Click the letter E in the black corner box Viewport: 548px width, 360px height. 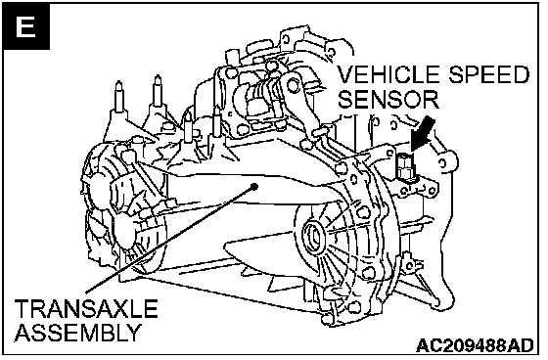[25, 26]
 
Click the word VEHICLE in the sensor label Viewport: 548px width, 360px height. [390, 74]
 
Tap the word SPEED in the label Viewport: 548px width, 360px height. [489, 74]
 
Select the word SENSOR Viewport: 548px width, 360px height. [389, 99]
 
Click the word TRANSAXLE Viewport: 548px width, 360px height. [86, 308]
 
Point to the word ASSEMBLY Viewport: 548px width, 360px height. [78, 332]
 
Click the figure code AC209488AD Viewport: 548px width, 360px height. [476, 345]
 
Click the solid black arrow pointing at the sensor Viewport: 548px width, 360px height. [423, 135]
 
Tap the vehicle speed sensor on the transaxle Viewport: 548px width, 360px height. [405, 167]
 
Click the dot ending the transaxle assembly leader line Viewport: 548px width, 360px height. [254, 186]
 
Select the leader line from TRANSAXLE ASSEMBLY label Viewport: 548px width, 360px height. [170, 239]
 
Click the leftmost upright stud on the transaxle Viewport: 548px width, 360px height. [118, 97]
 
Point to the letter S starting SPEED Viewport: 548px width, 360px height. [456, 74]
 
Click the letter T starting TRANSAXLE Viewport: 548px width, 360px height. [22, 308]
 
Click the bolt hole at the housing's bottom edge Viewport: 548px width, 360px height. [327, 318]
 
